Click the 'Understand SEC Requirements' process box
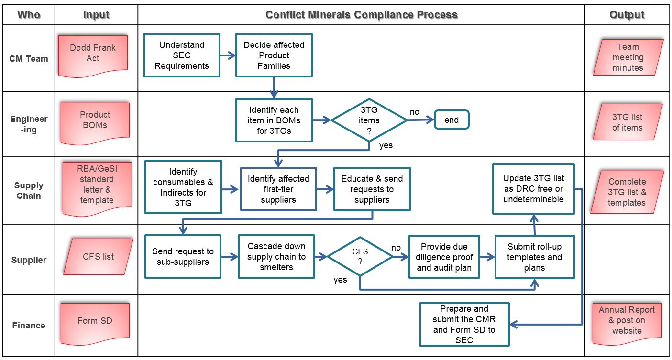pyautogui.click(x=182, y=55)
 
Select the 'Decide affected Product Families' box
pyautogui.click(x=274, y=55)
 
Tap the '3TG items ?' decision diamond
pyautogui.click(x=369, y=120)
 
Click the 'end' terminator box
pyautogui.click(x=452, y=120)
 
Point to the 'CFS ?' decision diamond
pyautogui.click(x=360, y=257)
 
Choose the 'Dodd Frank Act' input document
pyautogui.click(x=93, y=53)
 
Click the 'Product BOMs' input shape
pyautogui.click(x=95, y=120)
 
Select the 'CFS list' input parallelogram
pyautogui.click(x=98, y=257)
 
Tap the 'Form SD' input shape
pyautogui.click(x=95, y=321)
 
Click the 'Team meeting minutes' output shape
pyautogui.click(x=628, y=57)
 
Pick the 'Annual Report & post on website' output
pyautogui.click(x=627, y=320)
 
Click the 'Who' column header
pyautogui.click(x=29, y=15)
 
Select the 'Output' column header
pyautogui.click(x=627, y=15)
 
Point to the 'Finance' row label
pyautogui.click(x=29, y=326)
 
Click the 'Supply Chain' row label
pyautogui.click(x=29, y=190)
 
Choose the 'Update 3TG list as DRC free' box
pyautogui.click(x=533, y=189)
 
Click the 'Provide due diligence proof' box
pyautogui.click(x=444, y=257)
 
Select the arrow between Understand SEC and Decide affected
pyautogui.click(x=228, y=55)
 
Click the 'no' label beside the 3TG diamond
pyautogui.click(x=414, y=112)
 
